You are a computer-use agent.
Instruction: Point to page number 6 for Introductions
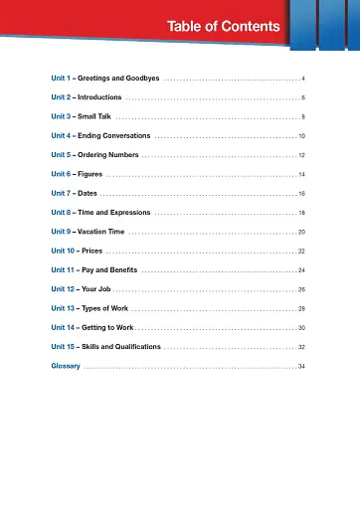302,98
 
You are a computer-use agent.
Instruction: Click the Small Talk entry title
102,116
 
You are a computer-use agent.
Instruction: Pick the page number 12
300,156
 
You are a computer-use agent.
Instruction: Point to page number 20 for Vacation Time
300,232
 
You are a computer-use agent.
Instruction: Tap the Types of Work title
112,308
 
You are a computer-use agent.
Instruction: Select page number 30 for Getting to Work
300,328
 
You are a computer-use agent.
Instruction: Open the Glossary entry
66,367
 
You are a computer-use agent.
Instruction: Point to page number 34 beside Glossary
300,367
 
